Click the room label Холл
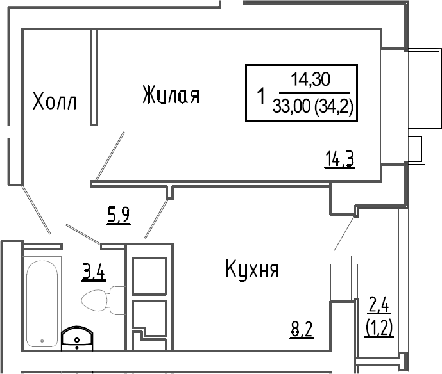[54, 101]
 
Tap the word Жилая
[171, 95]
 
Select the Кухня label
[251, 270]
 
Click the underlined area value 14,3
[340, 158]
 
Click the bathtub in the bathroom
[42, 301]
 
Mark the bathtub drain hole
[42, 342]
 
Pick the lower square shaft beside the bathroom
[149, 318]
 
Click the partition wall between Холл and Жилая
[93, 77]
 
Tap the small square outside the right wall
[416, 149]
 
